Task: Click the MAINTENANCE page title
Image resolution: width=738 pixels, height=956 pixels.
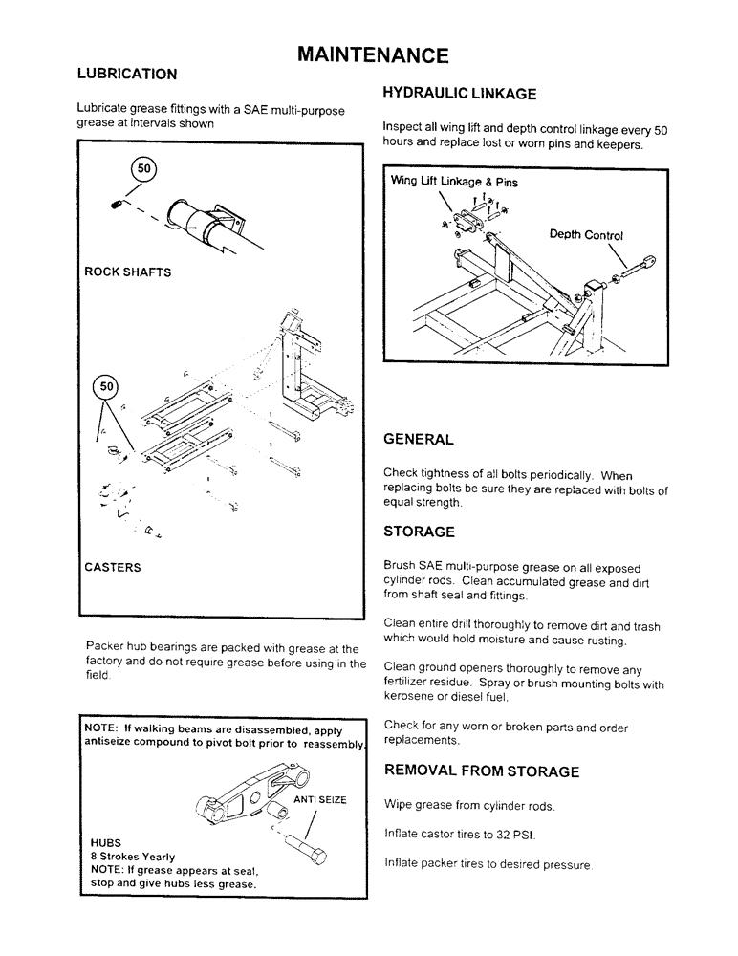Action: [x=373, y=54]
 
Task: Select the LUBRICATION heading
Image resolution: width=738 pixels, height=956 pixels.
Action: [x=126, y=74]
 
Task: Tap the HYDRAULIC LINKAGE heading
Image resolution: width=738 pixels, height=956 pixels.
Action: [x=459, y=93]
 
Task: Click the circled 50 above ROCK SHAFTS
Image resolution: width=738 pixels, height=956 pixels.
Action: [x=144, y=169]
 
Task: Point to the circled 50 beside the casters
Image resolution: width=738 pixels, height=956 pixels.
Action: [x=107, y=386]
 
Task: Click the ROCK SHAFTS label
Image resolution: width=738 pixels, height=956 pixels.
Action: [x=128, y=272]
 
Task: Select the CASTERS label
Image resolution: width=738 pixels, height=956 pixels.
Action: [x=113, y=567]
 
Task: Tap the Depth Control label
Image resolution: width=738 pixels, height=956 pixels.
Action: [x=586, y=235]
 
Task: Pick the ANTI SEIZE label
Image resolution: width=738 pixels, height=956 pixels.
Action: [x=319, y=799]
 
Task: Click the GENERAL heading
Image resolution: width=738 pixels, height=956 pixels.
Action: [x=418, y=440]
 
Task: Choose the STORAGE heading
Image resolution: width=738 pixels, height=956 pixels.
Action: [x=419, y=532]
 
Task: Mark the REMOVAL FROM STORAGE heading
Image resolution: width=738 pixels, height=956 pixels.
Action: [x=481, y=771]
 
